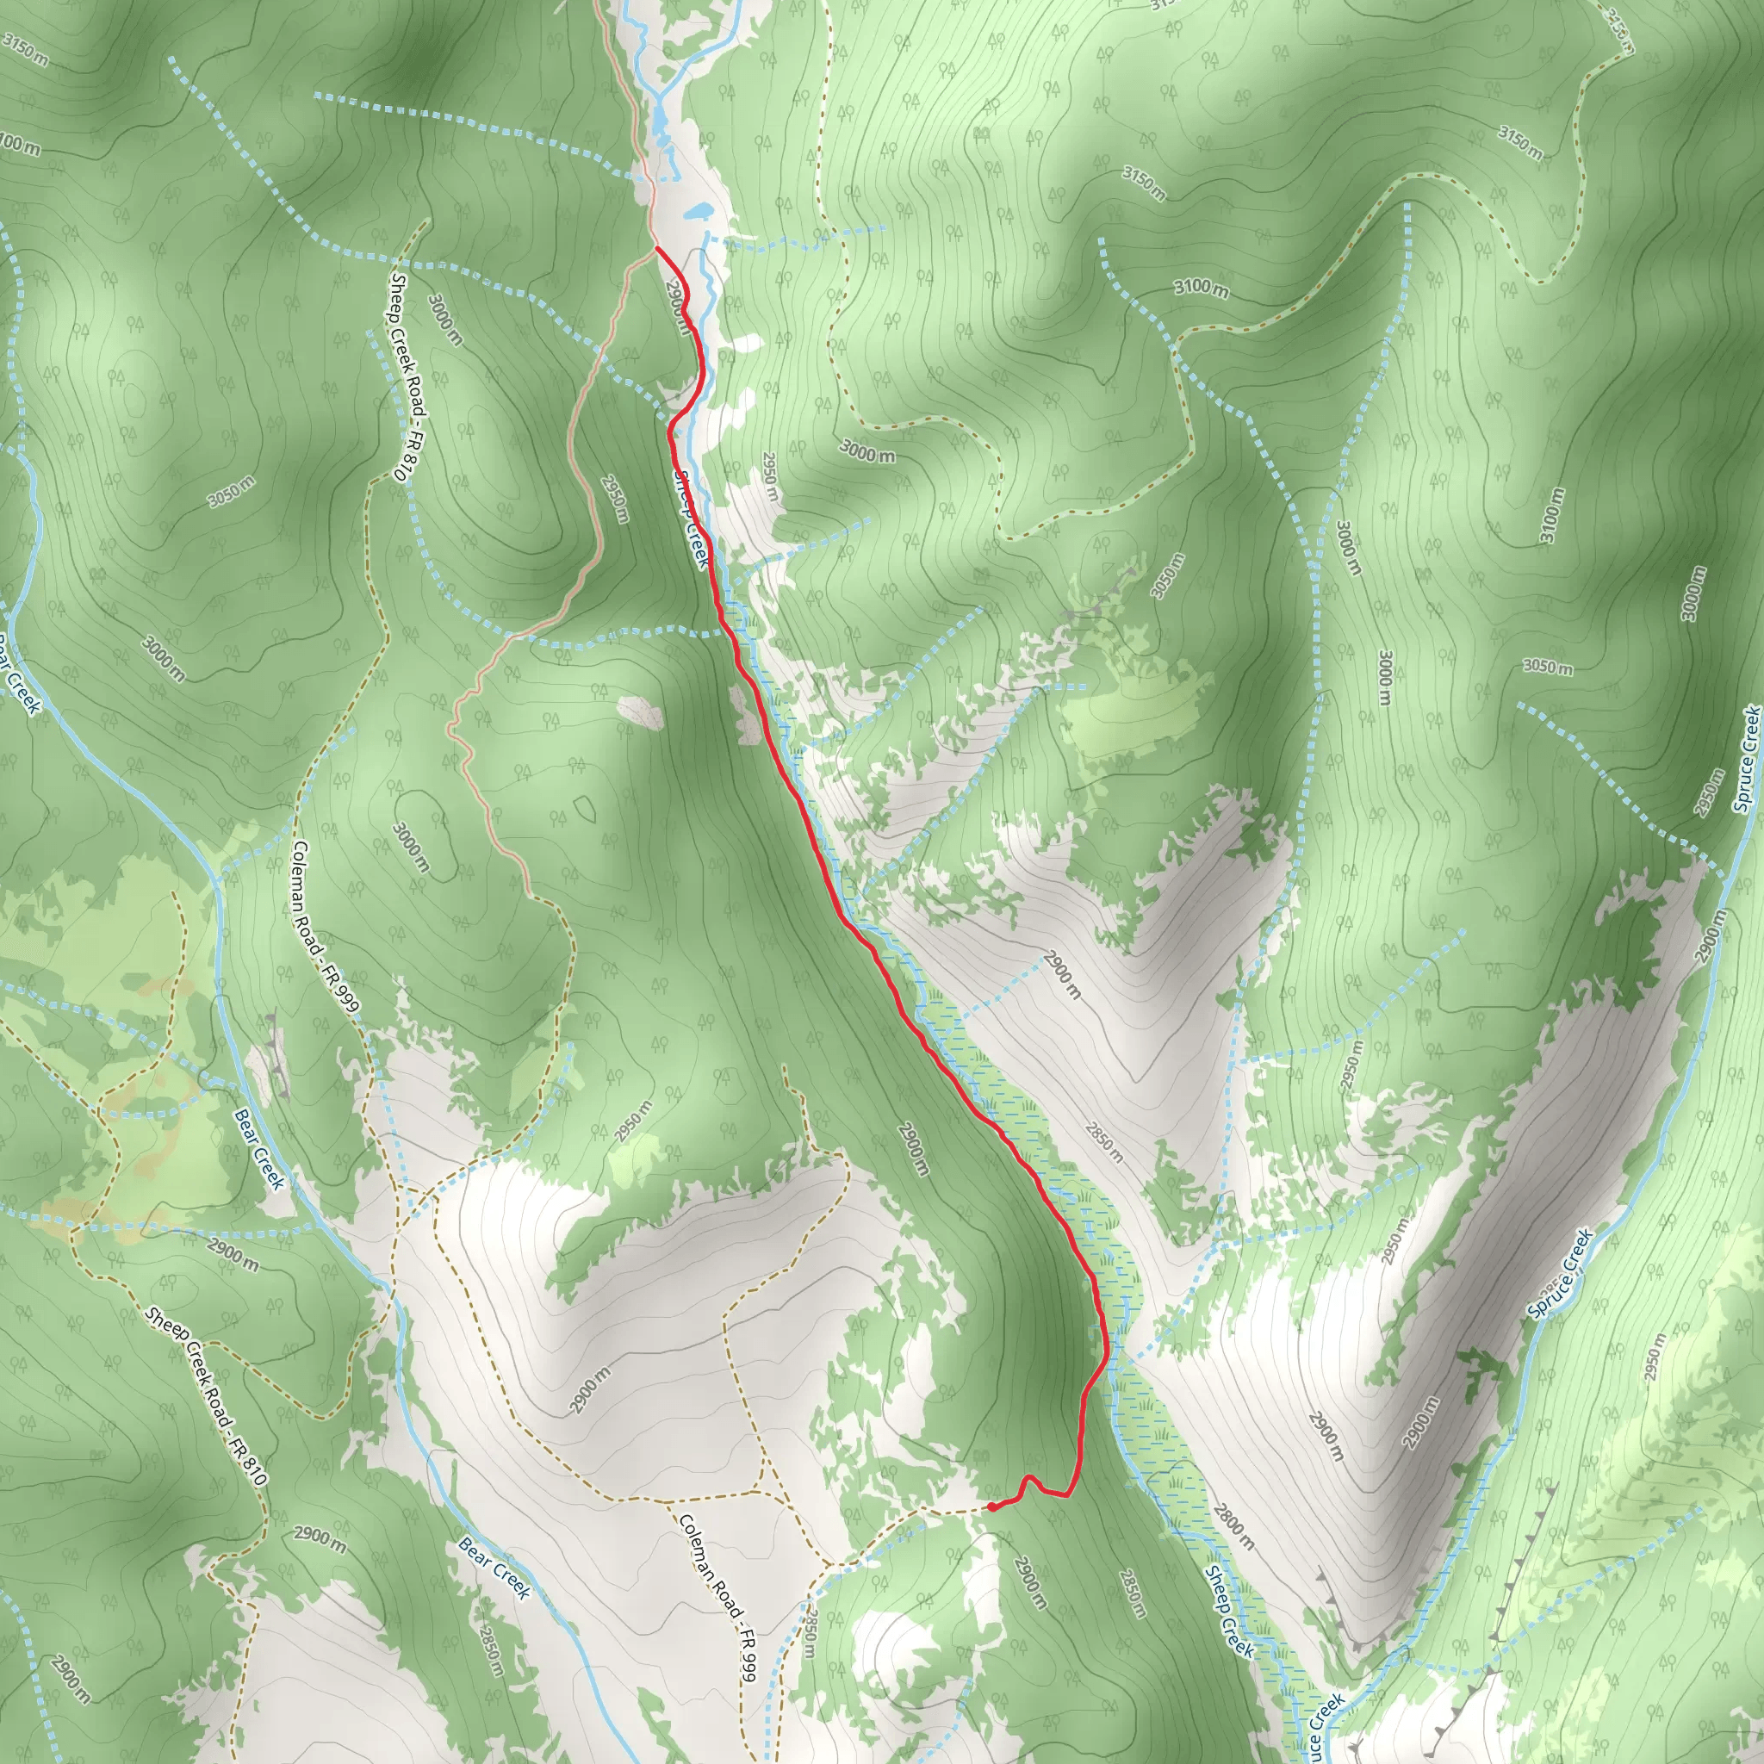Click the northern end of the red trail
657,247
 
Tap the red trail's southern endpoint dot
991,1506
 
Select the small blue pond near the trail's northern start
699,212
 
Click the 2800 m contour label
1233,1525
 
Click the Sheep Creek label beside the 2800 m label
1228,1612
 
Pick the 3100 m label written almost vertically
1551,516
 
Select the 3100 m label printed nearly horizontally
1201,289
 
